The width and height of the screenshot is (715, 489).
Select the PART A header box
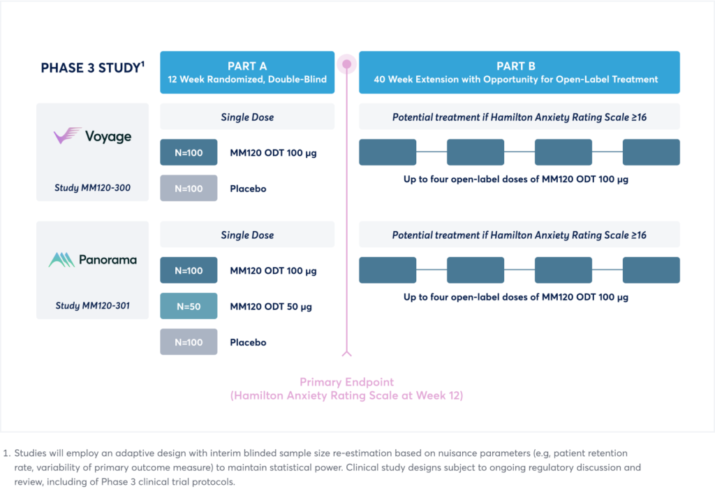(247, 73)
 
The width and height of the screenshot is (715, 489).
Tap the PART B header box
(519, 73)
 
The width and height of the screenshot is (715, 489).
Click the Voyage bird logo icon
(68, 136)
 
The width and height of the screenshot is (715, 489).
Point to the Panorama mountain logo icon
(61, 260)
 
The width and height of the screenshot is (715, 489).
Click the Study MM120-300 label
(93, 187)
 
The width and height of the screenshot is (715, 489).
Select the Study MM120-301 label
(93, 306)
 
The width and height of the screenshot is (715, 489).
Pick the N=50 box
(189, 306)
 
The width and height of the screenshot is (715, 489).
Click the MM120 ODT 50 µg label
(271, 307)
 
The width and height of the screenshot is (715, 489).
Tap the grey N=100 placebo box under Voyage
(189, 188)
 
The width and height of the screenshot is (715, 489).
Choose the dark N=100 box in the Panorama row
(189, 270)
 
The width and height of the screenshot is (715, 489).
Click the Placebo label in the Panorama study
(248, 342)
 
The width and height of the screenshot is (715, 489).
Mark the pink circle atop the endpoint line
(347, 64)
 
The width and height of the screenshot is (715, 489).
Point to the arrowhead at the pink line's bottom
(347, 353)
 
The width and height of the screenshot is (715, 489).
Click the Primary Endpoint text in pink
(346, 382)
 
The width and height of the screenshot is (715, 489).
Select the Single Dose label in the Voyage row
(248, 117)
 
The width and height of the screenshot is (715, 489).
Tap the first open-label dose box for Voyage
(388, 152)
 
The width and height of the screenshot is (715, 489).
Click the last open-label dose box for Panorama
(651, 270)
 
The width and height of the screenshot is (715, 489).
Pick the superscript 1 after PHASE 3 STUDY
(142, 64)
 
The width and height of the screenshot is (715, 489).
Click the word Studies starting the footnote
(30, 453)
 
